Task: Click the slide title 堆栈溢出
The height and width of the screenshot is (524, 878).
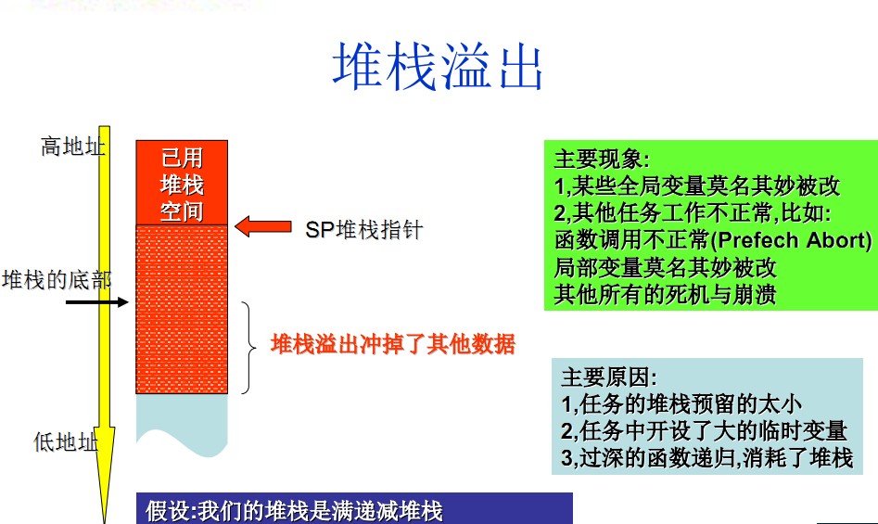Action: (438, 66)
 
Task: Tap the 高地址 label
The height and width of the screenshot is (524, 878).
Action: (73, 147)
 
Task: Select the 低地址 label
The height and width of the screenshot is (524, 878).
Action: (66, 441)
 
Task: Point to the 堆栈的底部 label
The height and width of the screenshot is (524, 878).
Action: (57, 280)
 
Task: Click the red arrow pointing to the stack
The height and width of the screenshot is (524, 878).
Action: (262, 226)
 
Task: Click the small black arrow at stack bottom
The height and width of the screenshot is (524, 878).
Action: (96, 302)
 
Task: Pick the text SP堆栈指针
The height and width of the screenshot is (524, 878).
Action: (364, 229)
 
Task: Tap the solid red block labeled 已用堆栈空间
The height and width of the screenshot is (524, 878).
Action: (182, 183)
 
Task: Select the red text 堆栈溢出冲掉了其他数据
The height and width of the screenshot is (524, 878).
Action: (392, 344)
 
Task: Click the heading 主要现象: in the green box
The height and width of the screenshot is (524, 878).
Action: (602, 160)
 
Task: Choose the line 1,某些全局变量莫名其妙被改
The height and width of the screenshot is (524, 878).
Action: (697, 186)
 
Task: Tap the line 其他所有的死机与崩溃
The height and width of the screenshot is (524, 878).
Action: (665, 295)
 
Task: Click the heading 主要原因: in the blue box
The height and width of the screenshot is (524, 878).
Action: (609, 377)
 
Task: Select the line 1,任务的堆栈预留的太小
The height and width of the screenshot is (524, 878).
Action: (681, 403)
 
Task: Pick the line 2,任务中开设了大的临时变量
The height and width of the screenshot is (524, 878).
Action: (704, 430)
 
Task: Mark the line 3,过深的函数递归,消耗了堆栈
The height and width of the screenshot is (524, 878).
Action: (707, 457)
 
